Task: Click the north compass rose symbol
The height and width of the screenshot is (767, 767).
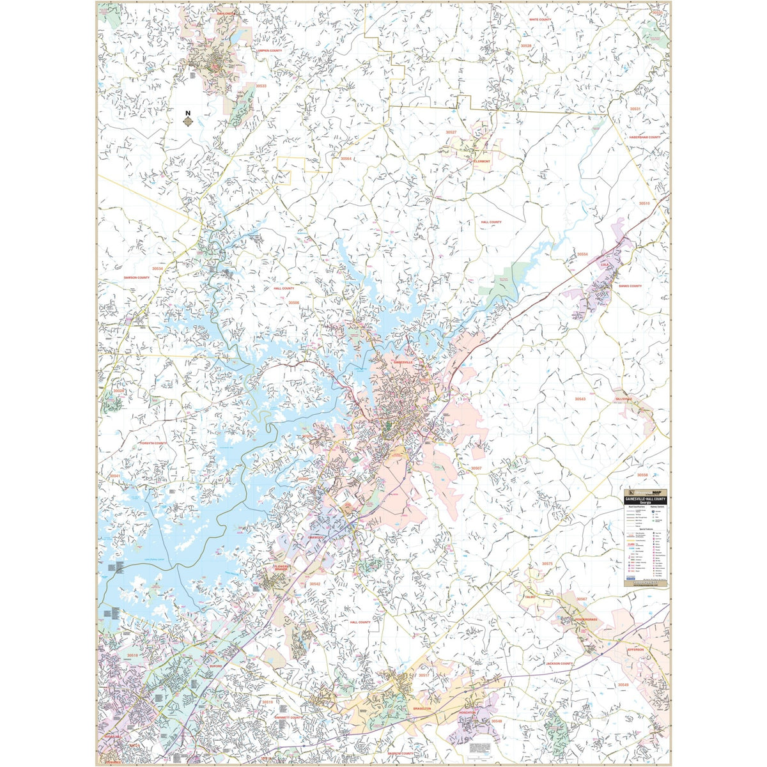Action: [x=187, y=119]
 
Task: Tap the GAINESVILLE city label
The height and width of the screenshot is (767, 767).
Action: [x=404, y=362]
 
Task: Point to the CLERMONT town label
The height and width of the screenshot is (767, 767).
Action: [x=481, y=162]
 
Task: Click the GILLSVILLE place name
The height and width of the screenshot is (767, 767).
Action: [x=623, y=399]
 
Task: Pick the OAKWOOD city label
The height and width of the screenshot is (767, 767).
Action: [x=316, y=538]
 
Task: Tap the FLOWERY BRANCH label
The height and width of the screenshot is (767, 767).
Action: [x=282, y=568]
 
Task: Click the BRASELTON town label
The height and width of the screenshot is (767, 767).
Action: [x=423, y=710]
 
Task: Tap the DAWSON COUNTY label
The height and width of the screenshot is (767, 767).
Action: [x=136, y=277]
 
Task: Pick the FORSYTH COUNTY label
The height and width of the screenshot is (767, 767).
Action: [x=153, y=443]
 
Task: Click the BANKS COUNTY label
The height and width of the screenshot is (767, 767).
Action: [x=630, y=286]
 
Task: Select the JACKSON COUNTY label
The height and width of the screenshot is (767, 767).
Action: [x=559, y=664]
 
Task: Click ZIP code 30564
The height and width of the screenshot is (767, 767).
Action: [x=346, y=159]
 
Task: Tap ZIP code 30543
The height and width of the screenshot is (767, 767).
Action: [x=580, y=399]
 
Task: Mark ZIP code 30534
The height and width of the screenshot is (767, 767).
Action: [x=157, y=268]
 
